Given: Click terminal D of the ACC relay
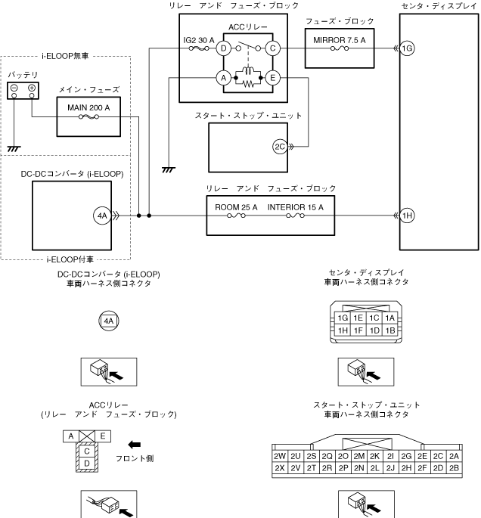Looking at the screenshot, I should (x=223, y=48).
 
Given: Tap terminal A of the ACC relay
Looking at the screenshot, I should (x=223, y=77).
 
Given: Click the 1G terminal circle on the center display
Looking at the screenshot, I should (x=408, y=48).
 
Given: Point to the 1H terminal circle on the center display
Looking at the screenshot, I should (x=408, y=216).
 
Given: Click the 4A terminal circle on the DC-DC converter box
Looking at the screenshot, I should (x=102, y=216).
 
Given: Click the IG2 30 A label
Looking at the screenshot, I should (x=198, y=40).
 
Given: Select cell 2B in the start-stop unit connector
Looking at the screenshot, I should (x=454, y=469).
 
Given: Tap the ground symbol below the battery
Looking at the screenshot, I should (x=15, y=147).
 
